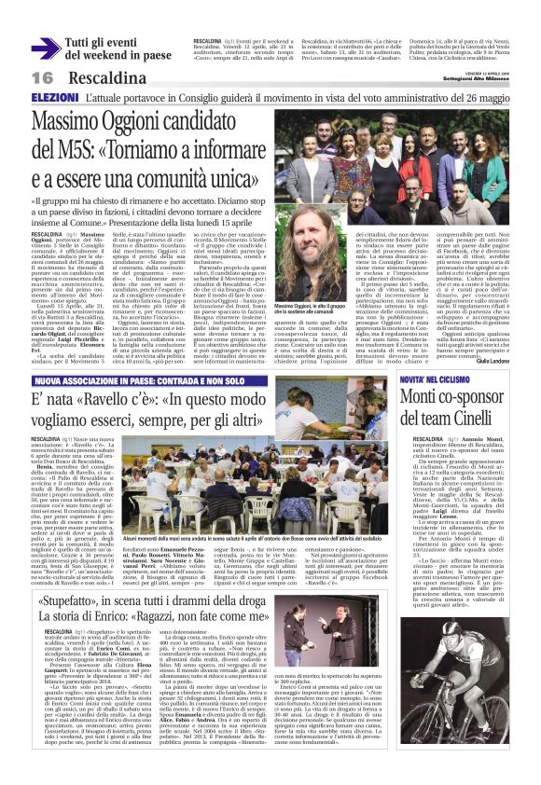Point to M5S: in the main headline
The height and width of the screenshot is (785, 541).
tap(66, 146)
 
